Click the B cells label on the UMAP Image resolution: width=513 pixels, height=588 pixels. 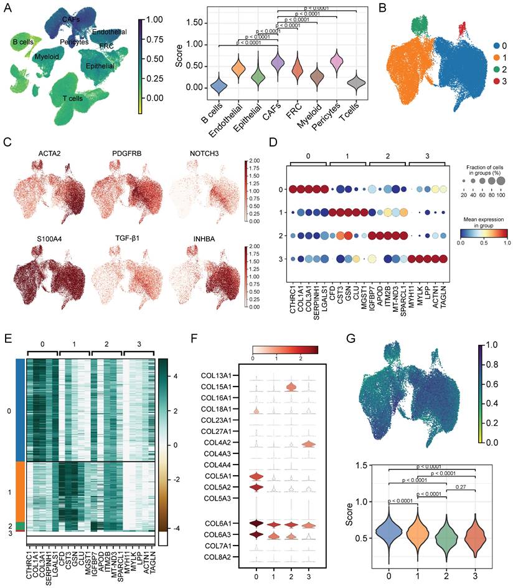click(22, 42)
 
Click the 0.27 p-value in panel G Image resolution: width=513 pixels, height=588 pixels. click(461, 486)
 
